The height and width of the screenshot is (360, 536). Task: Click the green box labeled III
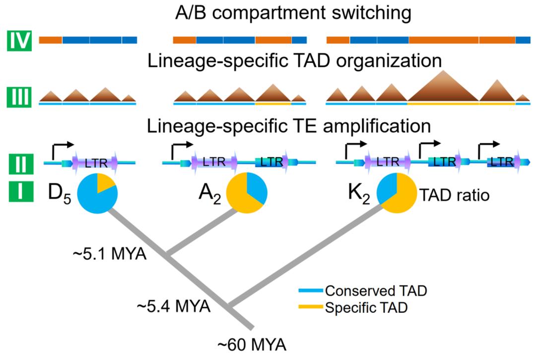click(20, 96)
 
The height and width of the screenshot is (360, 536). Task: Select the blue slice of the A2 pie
click(257, 186)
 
